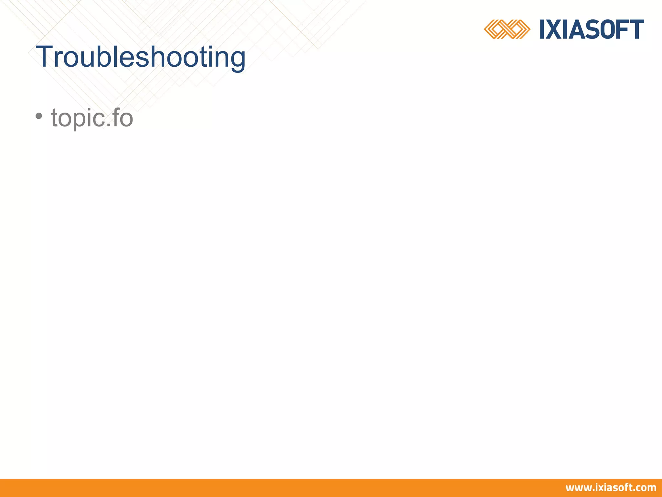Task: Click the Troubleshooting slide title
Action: (x=141, y=57)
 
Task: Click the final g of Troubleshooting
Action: (x=237, y=60)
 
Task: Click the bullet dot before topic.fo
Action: (x=39, y=116)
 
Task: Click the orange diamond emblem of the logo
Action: (x=507, y=29)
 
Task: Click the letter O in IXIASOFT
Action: (x=610, y=29)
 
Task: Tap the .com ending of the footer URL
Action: (x=646, y=488)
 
